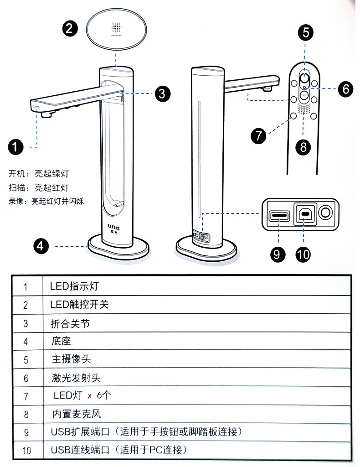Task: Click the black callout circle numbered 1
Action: pyautogui.click(x=16, y=147)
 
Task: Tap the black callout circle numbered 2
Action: pyautogui.click(x=70, y=29)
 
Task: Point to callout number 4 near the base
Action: pyautogui.click(x=41, y=246)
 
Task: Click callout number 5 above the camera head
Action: pyautogui.click(x=306, y=33)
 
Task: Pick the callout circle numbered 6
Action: pyautogui.click(x=345, y=88)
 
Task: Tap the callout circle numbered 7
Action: pyautogui.click(x=258, y=136)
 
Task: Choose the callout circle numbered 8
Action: pyautogui.click(x=303, y=146)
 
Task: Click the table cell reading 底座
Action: pyautogui.click(x=61, y=341)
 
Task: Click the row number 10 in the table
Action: pyautogui.click(x=26, y=451)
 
